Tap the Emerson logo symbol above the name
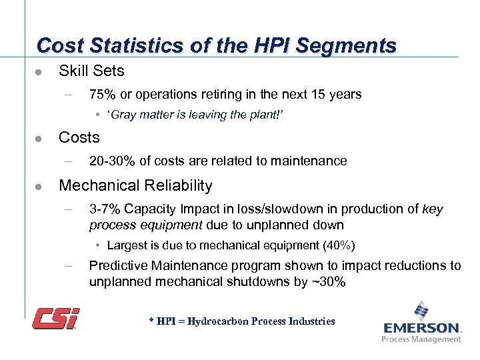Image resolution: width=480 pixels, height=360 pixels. click(x=421, y=311)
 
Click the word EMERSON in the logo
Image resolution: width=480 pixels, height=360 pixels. click(x=422, y=328)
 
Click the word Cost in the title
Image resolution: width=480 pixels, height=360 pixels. click(x=56, y=45)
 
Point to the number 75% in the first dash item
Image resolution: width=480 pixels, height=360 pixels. click(x=102, y=94)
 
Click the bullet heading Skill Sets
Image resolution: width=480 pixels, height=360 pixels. click(x=91, y=70)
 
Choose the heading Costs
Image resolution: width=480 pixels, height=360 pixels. click(x=79, y=137)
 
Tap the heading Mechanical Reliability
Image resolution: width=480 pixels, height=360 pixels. click(x=135, y=185)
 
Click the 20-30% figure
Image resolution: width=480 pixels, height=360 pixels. click(x=112, y=161)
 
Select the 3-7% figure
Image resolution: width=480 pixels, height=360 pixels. click(x=104, y=209)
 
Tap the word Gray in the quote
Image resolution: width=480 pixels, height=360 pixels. click(x=123, y=115)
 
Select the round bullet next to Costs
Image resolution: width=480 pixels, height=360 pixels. click(x=39, y=139)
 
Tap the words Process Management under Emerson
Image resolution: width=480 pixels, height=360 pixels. click(x=421, y=339)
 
